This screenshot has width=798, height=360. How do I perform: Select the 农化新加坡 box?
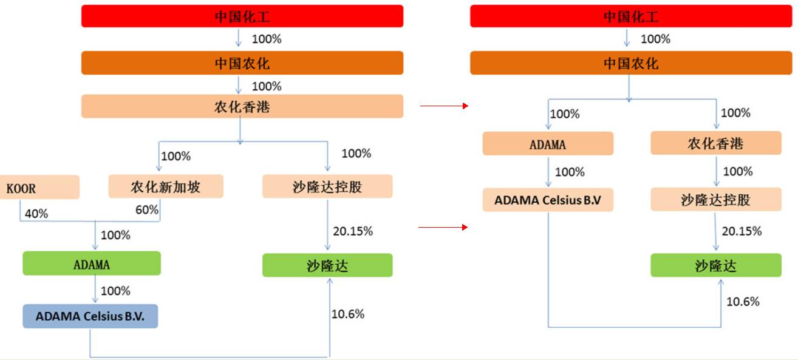click(166, 186)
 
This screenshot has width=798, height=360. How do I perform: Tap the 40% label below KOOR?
click(35, 214)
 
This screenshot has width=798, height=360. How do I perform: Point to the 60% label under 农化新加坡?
click(147, 210)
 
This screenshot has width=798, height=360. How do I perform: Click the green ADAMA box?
click(91, 264)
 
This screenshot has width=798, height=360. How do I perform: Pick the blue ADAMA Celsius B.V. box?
click(90, 316)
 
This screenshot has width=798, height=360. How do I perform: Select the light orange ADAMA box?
click(548, 144)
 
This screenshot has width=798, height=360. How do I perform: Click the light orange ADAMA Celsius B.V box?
click(548, 200)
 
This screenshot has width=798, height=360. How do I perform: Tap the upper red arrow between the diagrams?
click(444, 106)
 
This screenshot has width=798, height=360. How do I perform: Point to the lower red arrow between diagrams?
click(444, 227)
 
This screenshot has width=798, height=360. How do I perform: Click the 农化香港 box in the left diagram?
click(242, 107)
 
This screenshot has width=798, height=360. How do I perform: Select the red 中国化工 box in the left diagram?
click(242, 16)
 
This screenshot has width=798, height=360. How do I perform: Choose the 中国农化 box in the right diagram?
click(630, 63)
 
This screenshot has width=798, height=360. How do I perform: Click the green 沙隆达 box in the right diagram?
click(715, 265)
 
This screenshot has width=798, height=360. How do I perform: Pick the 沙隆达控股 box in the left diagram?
click(327, 186)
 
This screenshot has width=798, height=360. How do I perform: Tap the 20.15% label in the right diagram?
click(742, 231)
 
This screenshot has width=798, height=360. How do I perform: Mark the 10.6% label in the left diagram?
click(348, 314)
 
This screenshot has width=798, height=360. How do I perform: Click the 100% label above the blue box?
click(115, 291)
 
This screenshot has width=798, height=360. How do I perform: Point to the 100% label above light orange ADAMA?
click(565, 114)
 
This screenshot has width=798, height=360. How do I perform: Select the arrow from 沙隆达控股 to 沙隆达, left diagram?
click(328, 225)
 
